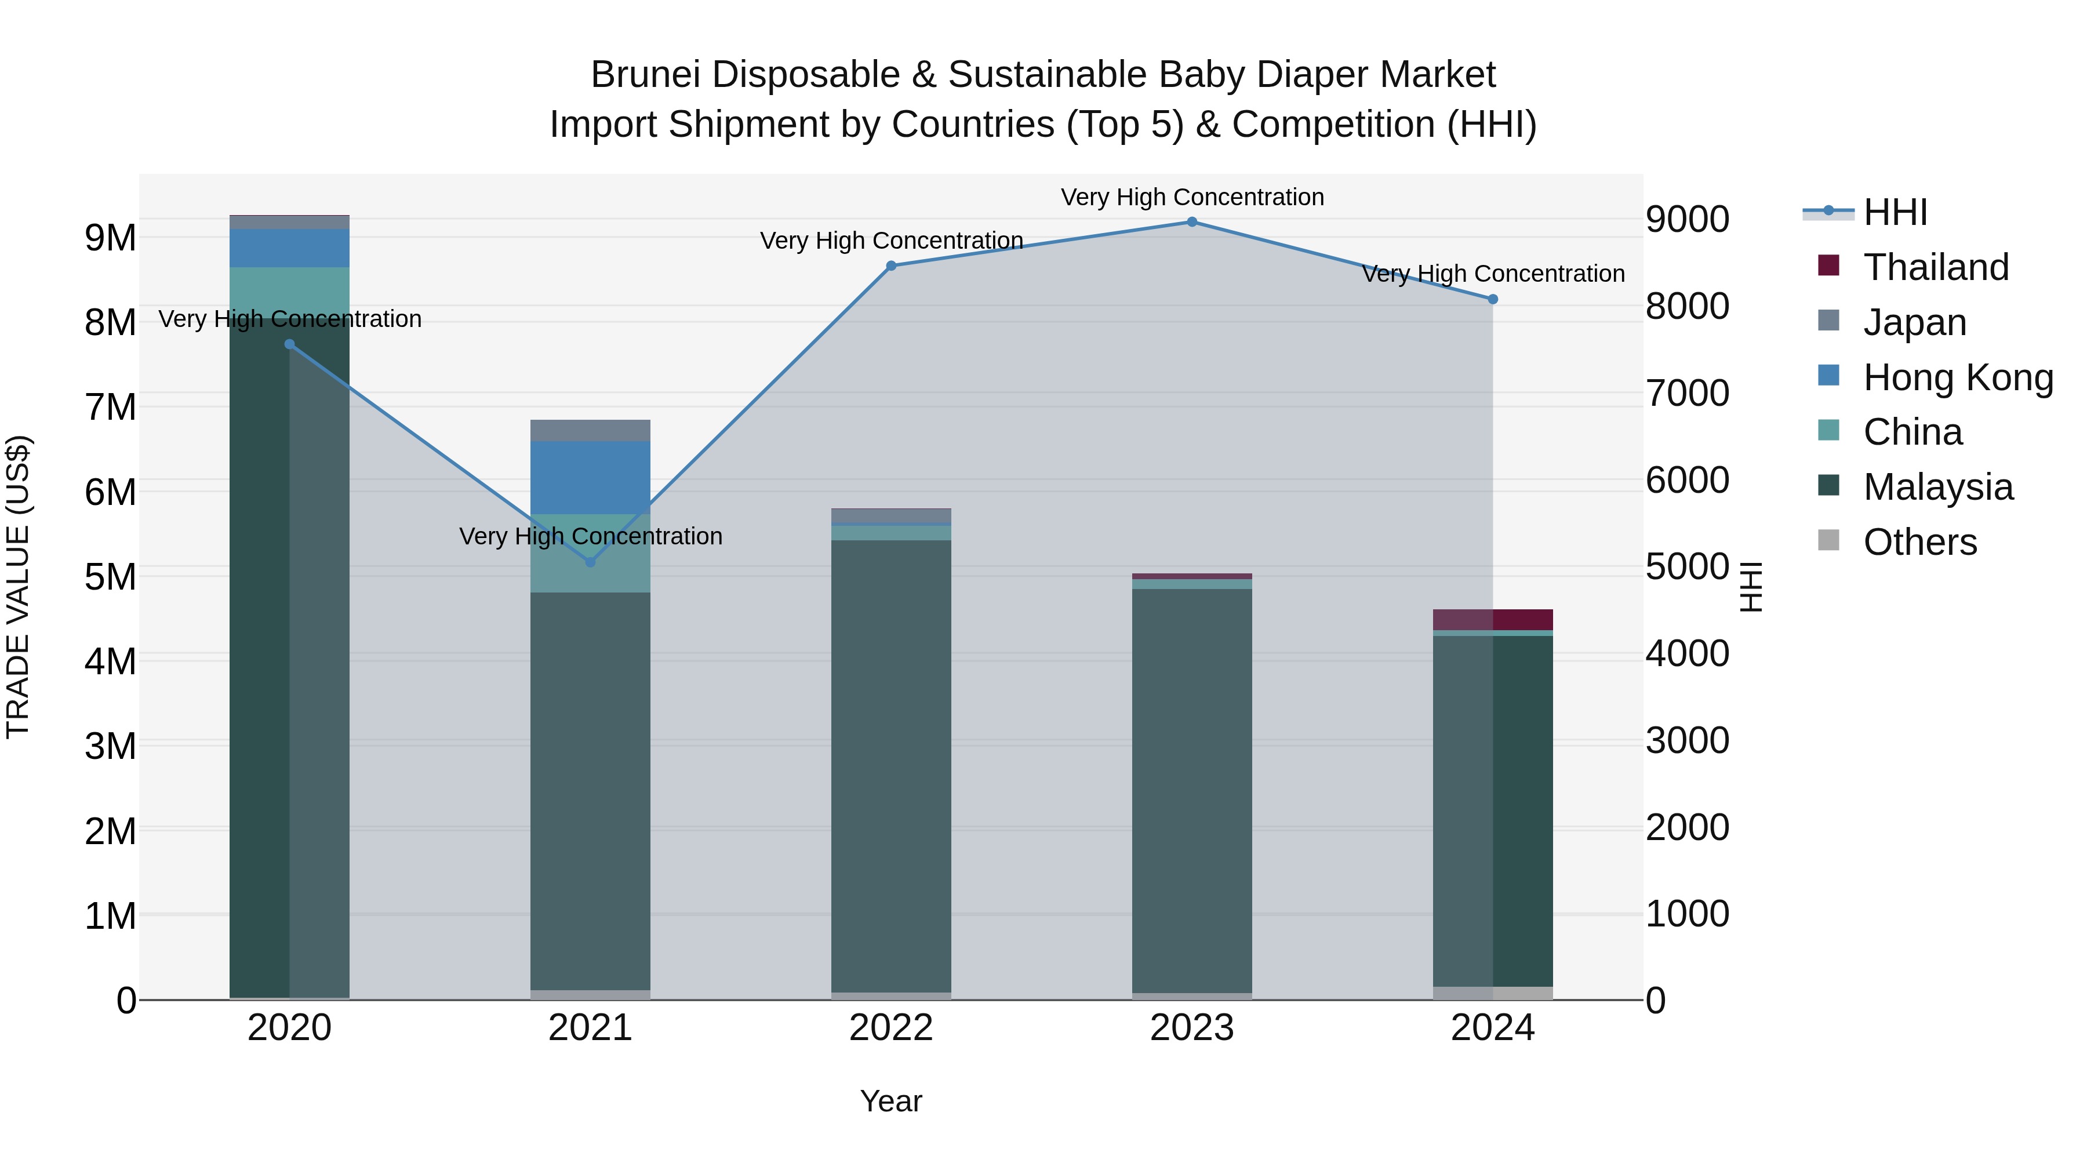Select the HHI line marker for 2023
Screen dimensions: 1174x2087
[1192, 222]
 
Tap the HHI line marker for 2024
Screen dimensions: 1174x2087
[1493, 299]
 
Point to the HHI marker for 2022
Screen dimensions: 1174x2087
[891, 266]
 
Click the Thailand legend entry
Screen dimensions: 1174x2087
[1936, 267]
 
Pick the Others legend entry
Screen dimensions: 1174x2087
[1919, 542]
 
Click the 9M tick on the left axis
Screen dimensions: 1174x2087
[110, 238]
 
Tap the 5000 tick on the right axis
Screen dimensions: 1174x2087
[1687, 566]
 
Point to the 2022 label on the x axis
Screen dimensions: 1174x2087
[891, 1028]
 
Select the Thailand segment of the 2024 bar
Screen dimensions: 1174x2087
[1493, 619]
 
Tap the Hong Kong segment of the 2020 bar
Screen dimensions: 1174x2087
[289, 248]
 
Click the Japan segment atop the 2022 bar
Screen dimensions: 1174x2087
[891, 516]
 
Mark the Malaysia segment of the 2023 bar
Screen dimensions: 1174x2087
[1192, 790]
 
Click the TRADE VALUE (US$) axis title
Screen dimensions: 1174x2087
[18, 587]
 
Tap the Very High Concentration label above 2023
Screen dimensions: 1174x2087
[1192, 197]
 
